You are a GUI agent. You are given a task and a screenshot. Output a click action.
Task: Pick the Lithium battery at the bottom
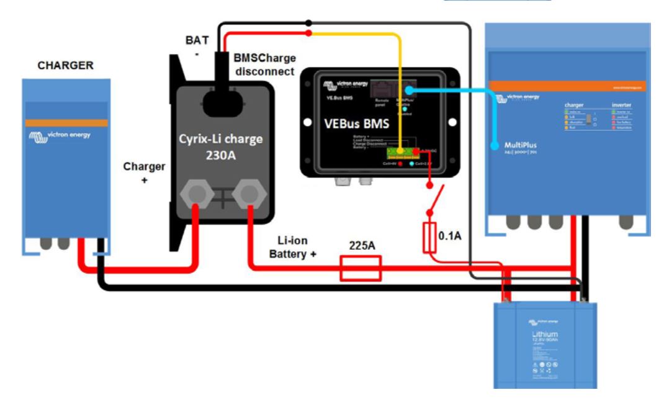tap(544, 344)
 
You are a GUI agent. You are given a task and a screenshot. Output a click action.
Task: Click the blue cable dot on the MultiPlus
tap(495, 146)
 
